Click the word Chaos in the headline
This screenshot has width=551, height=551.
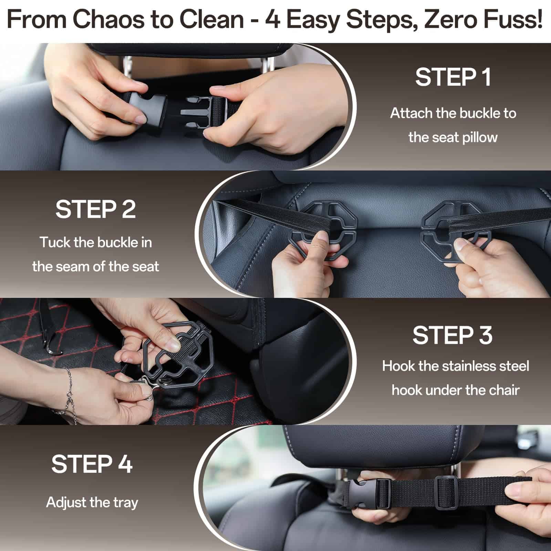tap(108, 20)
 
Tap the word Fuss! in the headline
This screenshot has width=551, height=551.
tap(513, 20)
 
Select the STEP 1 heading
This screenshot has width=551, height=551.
tap(453, 77)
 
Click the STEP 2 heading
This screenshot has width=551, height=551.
tap(96, 209)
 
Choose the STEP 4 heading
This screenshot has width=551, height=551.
tap(92, 464)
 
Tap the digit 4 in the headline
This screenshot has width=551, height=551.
tap(272, 20)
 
